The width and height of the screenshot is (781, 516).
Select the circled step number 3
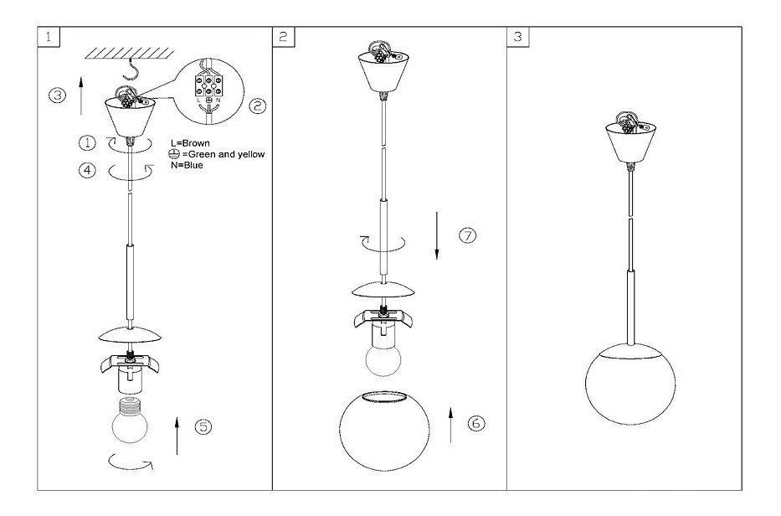click(56, 95)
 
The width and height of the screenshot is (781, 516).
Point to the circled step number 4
click(88, 169)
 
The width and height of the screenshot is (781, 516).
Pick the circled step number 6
click(475, 424)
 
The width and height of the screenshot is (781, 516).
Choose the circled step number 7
click(467, 235)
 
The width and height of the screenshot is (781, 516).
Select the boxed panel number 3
click(518, 37)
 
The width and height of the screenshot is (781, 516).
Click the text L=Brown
click(190, 144)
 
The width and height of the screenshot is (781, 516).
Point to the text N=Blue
click(186, 165)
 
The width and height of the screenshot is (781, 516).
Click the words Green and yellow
click(224, 155)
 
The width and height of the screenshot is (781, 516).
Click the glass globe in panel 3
click(629, 386)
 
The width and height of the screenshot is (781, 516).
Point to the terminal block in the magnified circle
click(207, 85)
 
